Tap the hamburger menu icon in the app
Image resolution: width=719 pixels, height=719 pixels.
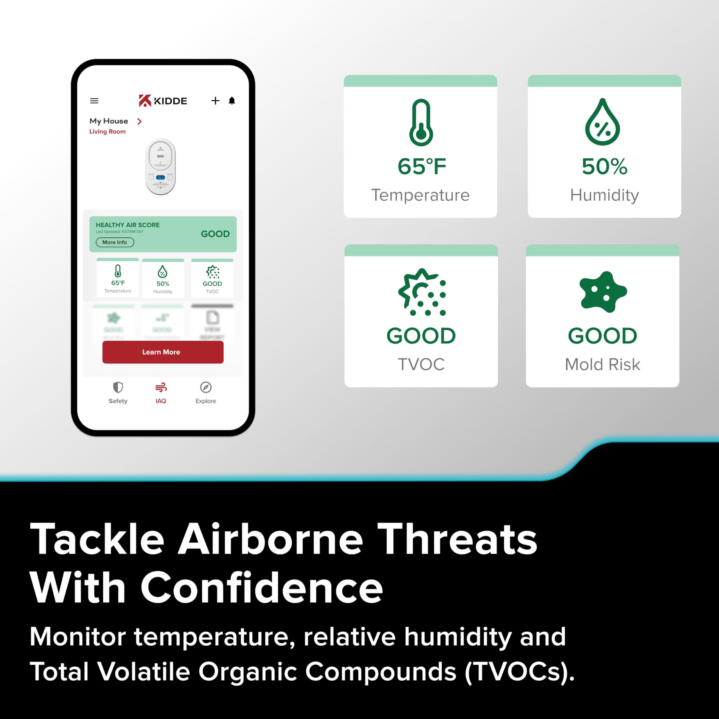[x=94, y=101]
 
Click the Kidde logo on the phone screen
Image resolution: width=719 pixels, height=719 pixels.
[x=163, y=101]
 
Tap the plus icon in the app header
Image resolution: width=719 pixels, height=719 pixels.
[x=215, y=101]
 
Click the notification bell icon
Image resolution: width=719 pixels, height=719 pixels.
[x=232, y=101]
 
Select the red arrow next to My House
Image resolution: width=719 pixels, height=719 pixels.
[x=139, y=121]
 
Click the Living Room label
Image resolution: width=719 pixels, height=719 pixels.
[x=107, y=131]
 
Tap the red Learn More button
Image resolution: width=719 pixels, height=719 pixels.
[x=163, y=352]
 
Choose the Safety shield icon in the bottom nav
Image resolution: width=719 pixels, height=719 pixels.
[x=118, y=387]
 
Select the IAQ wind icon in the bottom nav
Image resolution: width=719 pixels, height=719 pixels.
[x=161, y=387]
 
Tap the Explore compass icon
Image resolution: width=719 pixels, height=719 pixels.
[x=206, y=387]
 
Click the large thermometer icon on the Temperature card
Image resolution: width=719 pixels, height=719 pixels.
[x=421, y=123]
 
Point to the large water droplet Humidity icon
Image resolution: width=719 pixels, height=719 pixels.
[x=602, y=122]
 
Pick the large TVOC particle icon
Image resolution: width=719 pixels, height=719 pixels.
[x=422, y=292]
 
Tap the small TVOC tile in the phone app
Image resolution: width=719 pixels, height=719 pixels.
[x=212, y=278]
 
